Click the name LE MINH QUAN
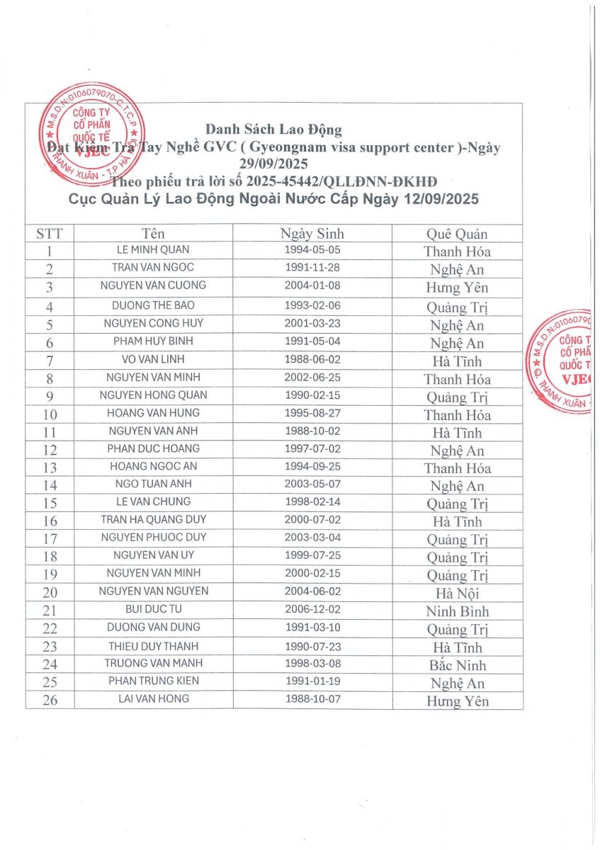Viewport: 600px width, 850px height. click(x=153, y=250)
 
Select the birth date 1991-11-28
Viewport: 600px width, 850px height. click(x=313, y=268)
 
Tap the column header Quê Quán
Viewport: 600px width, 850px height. click(x=457, y=234)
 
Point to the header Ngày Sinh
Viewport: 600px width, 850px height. click(x=312, y=234)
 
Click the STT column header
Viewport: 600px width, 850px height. click(x=50, y=234)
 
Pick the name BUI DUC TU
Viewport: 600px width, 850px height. click(x=153, y=609)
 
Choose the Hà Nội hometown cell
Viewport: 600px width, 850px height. click(x=457, y=594)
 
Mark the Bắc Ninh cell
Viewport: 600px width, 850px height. click(x=457, y=665)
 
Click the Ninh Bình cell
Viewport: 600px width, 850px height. click(x=457, y=611)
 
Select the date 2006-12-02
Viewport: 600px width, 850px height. click(x=313, y=609)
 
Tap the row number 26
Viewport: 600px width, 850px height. click(x=50, y=701)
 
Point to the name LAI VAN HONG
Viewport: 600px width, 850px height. click(x=153, y=699)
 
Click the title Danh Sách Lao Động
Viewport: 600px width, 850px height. click(x=273, y=130)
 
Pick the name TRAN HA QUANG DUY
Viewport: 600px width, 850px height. click(x=153, y=519)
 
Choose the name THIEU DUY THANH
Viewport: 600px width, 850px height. click(x=153, y=646)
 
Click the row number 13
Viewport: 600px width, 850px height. click(x=50, y=467)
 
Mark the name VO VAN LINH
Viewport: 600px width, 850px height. click(x=153, y=359)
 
